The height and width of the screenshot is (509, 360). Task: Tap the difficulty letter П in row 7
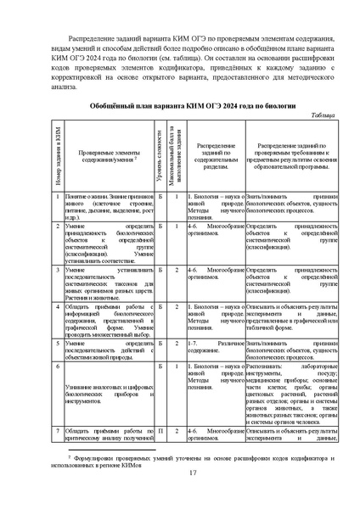[160, 432]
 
